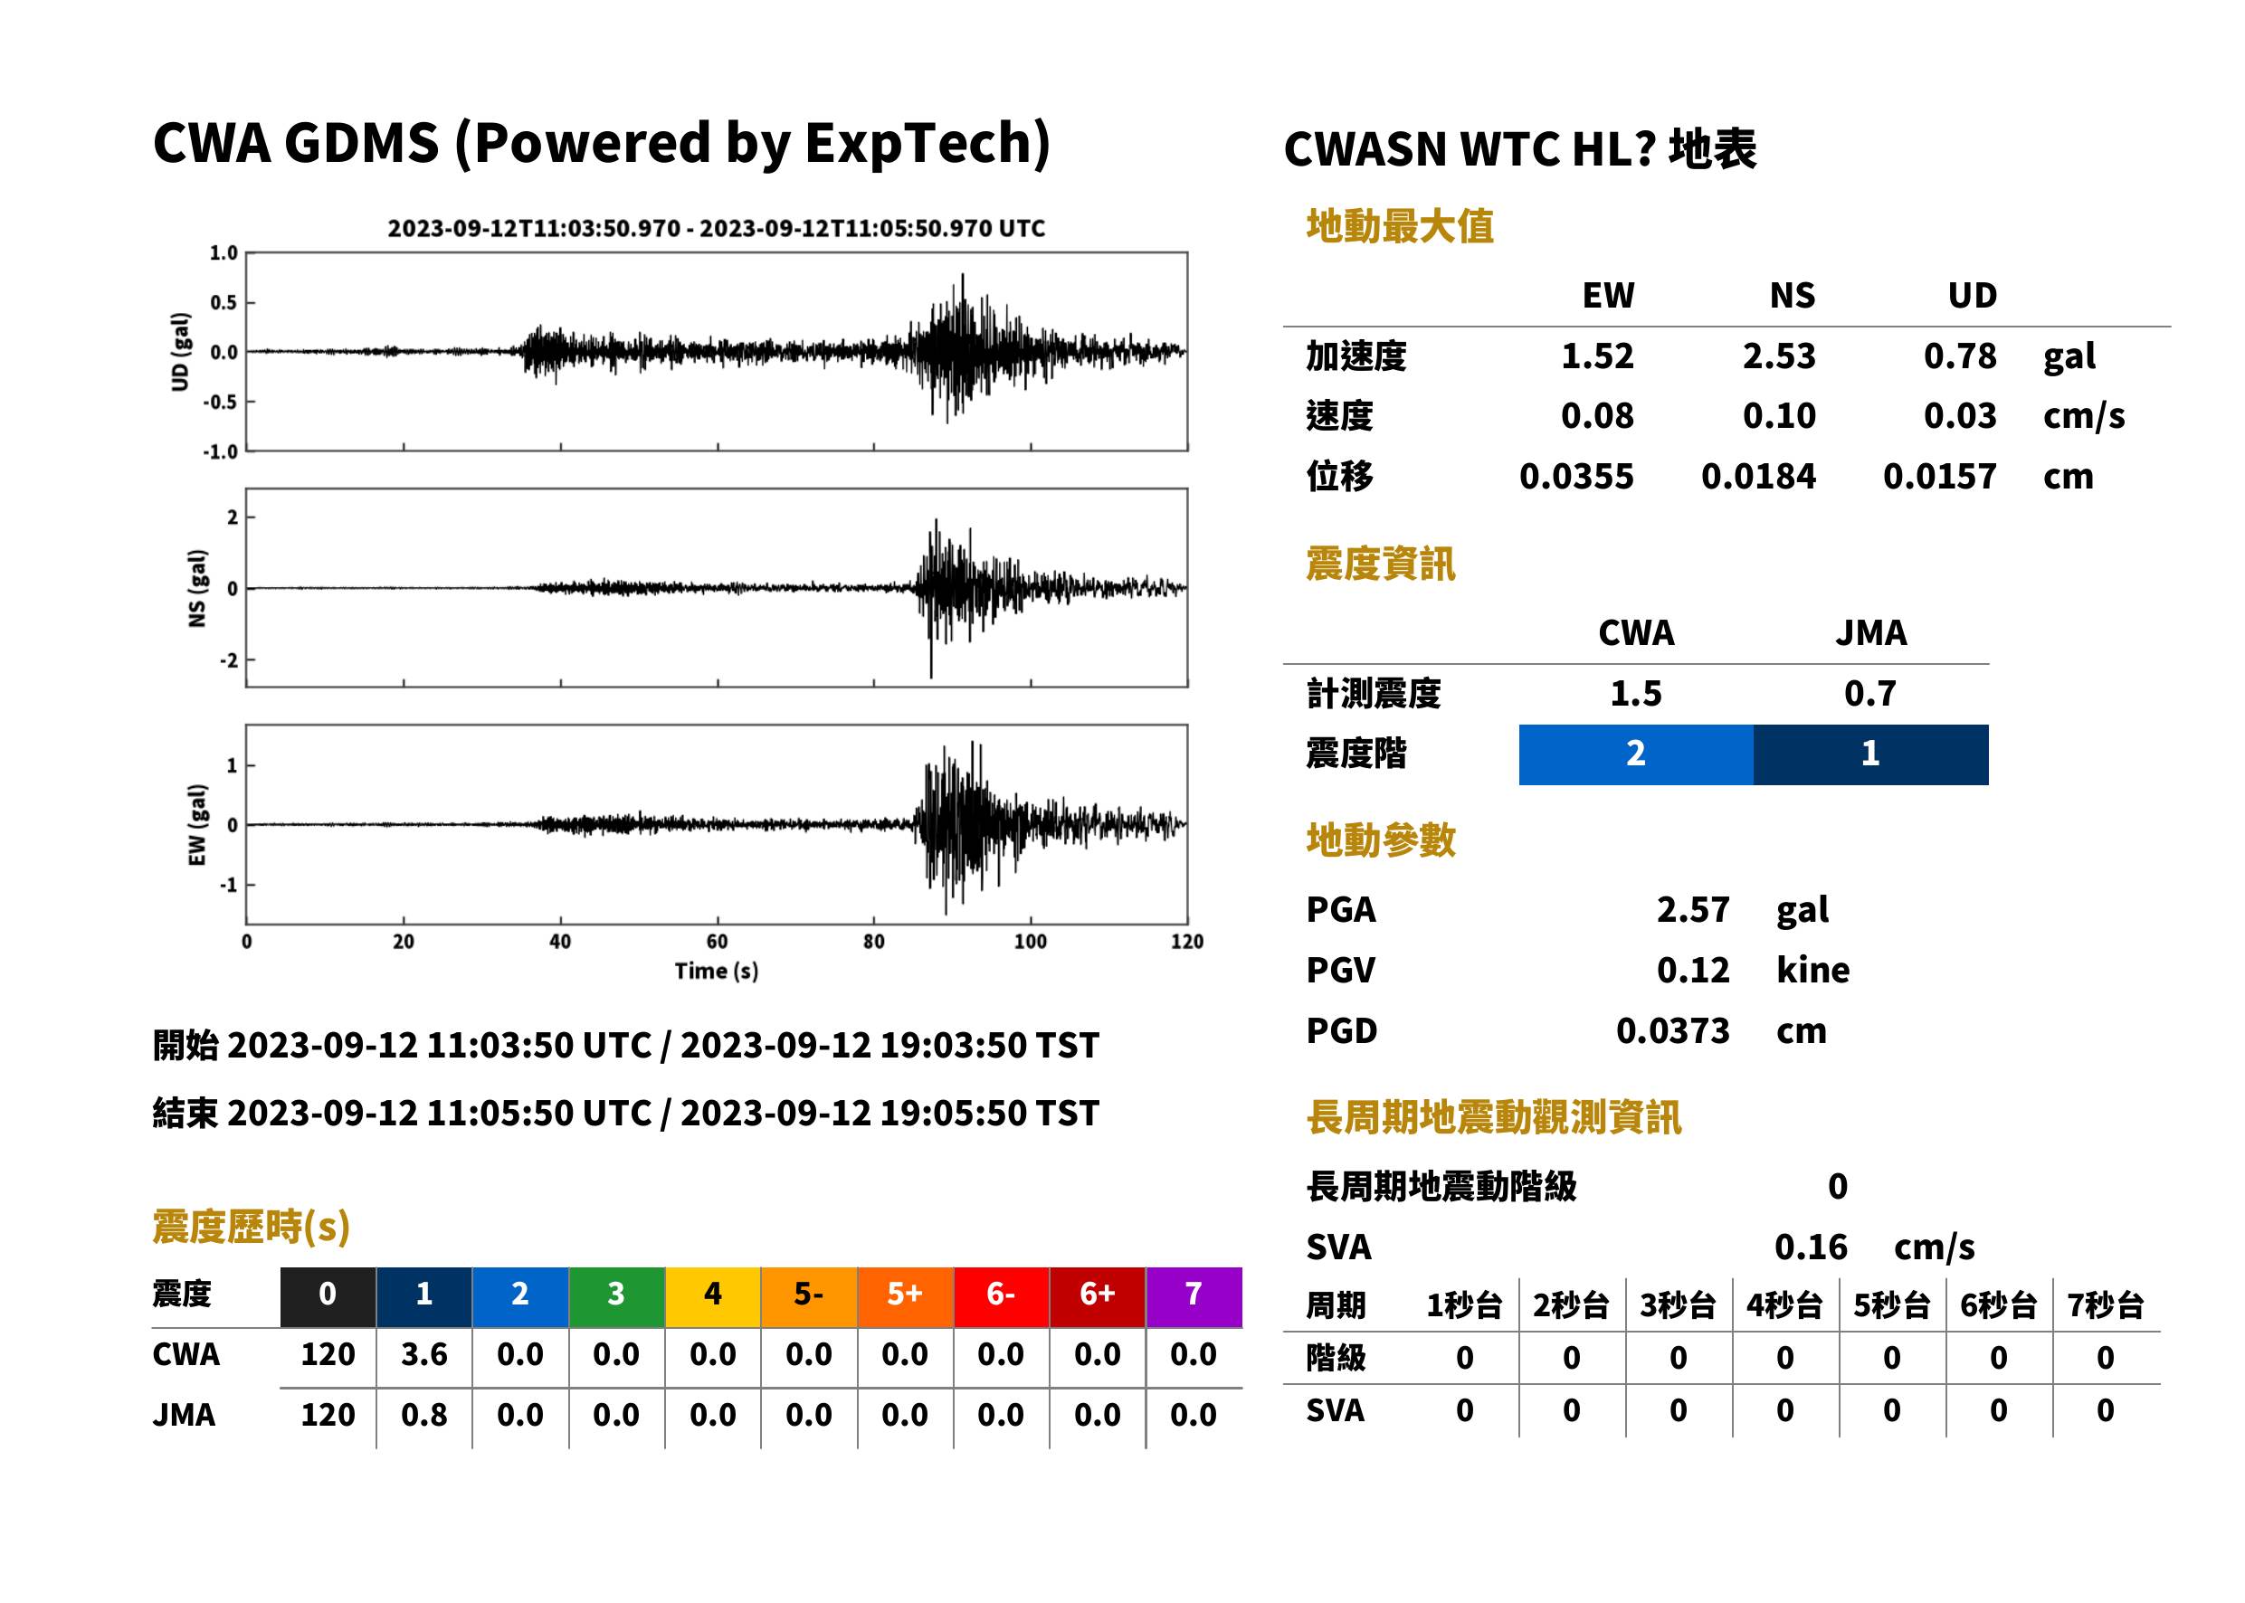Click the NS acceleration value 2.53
[1778, 356]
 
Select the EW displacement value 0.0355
[1575, 476]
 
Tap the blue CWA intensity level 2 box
[1636, 754]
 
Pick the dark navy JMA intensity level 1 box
[1871, 754]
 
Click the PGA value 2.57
[1692, 909]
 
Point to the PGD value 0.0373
[1672, 1030]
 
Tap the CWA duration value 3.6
[423, 1354]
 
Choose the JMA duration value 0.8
[423, 1415]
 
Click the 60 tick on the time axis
[717, 942]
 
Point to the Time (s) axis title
[717, 972]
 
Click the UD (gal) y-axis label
[180, 351]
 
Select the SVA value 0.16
[1811, 1247]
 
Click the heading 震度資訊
[1380, 564]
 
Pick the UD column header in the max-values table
[1972, 295]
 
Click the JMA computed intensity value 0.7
[1869, 693]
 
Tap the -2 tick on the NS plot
[229, 659]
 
